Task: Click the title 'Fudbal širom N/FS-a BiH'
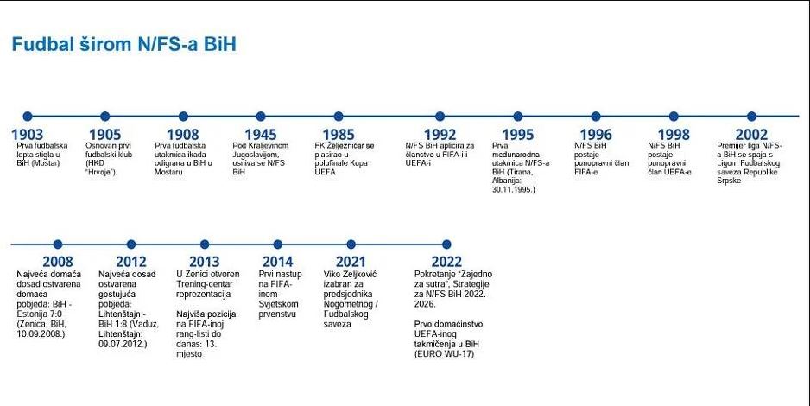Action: pyautogui.click(x=124, y=44)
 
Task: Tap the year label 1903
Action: pyautogui.click(x=28, y=135)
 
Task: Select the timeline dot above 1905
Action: pyautogui.click(x=104, y=117)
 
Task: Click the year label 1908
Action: pyautogui.click(x=183, y=135)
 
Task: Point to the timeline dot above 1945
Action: pyautogui.click(x=261, y=117)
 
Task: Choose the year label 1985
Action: pyautogui.click(x=339, y=135)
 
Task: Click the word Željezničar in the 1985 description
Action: pyautogui.click(x=347, y=146)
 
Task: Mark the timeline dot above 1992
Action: pyautogui.click(x=440, y=117)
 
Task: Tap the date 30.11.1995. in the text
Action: pyautogui.click(x=514, y=189)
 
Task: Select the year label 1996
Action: pyautogui.click(x=596, y=135)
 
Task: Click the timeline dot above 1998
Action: pyautogui.click(x=674, y=117)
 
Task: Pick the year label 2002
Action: pyautogui.click(x=751, y=135)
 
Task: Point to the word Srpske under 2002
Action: pyautogui.click(x=729, y=181)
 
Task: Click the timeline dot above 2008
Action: pyautogui.click(x=58, y=244)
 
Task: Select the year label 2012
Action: pyautogui.click(x=131, y=262)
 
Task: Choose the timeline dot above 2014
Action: pyautogui.click(x=278, y=244)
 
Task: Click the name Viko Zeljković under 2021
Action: pyautogui.click(x=351, y=275)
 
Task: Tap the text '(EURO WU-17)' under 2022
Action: pyautogui.click(x=444, y=354)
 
